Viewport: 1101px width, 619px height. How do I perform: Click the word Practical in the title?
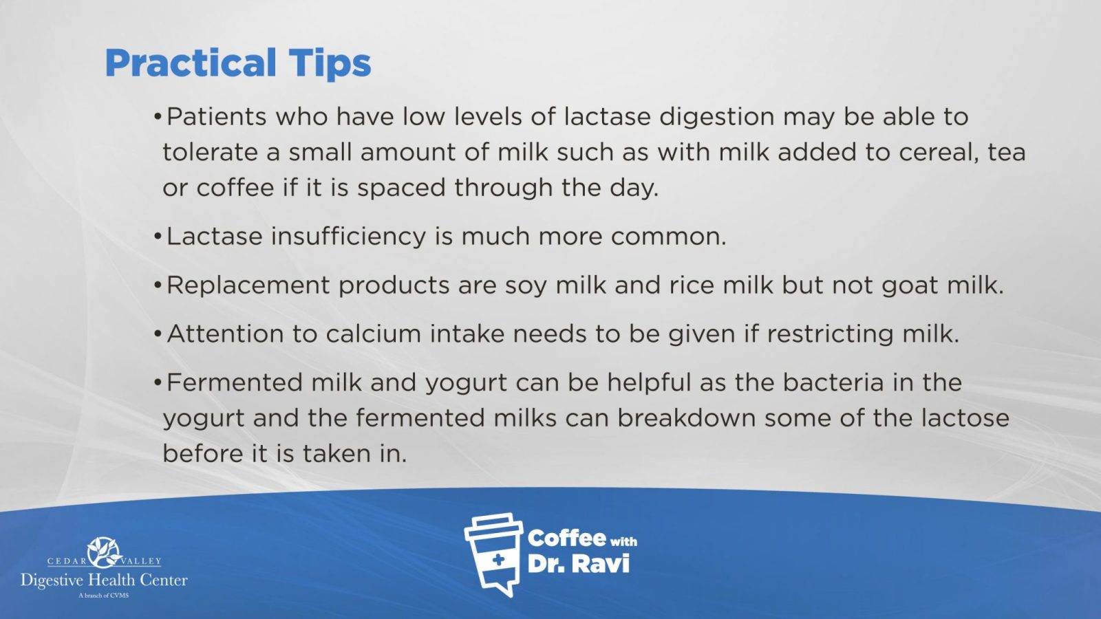coord(191,63)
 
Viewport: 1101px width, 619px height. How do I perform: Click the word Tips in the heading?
coord(330,64)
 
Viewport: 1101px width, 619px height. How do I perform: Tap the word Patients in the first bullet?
coord(216,116)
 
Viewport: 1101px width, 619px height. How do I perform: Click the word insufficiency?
coord(348,236)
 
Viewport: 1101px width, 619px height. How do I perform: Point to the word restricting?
coord(830,335)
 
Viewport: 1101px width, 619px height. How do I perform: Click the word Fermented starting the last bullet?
coord(234,382)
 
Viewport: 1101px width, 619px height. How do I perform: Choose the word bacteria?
coord(833,382)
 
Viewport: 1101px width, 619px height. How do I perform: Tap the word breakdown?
coord(686,418)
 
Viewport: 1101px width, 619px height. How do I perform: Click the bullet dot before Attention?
coord(158,334)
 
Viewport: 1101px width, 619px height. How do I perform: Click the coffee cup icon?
coord(493,554)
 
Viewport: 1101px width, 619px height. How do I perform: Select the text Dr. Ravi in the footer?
coord(579,563)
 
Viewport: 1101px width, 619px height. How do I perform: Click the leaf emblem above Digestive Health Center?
coord(104,552)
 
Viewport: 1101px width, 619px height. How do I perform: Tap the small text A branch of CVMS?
coord(104,596)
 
